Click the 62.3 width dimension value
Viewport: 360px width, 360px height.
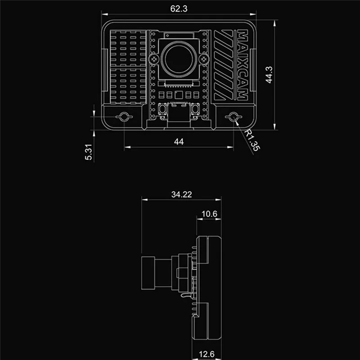click(x=179, y=7)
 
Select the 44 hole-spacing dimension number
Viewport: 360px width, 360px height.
click(x=179, y=141)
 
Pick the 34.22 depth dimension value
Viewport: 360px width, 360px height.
click(x=181, y=194)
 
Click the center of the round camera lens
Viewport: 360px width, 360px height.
click(x=179, y=59)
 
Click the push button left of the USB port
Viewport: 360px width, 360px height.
click(x=162, y=109)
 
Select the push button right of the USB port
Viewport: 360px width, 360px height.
click(x=196, y=109)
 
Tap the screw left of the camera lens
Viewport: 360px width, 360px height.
click(x=155, y=59)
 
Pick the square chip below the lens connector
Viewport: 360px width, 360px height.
click(x=179, y=95)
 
